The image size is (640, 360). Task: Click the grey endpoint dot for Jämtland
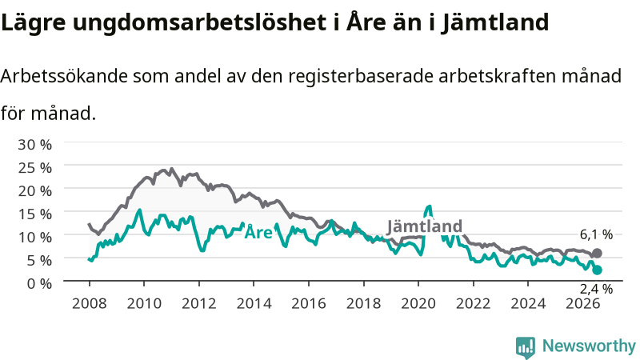pyautogui.click(x=597, y=253)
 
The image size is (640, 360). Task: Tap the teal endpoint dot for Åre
pyautogui.click(x=597, y=270)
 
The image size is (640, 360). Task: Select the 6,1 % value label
pyautogui.click(x=596, y=234)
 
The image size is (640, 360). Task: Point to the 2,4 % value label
pyautogui.click(x=596, y=289)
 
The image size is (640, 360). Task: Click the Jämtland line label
pyautogui.click(x=425, y=226)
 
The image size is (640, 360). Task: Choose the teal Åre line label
pyautogui.click(x=258, y=232)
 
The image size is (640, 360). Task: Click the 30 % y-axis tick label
pyautogui.click(x=34, y=145)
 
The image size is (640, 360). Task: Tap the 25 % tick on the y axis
pyautogui.click(x=34, y=168)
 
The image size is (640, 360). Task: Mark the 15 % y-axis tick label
pyautogui.click(x=34, y=214)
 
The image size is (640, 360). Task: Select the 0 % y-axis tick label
pyautogui.click(x=39, y=283)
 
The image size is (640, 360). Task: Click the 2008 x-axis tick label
pyautogui.click(x=90, y=303)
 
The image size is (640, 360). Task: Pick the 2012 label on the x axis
pyautogui.click(x=198, y=303)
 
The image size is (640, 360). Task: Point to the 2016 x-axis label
pyautogui.click(x=309, y=303)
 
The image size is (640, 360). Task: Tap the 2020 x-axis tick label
pyautogui.click(x=418, y=303)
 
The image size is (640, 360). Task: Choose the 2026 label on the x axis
pyautogui.click(x=583, y=303)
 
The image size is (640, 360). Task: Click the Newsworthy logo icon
pyautogui.click(x=526, y=347)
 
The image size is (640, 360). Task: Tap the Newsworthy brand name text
pyautogui.click(x=589, y=346)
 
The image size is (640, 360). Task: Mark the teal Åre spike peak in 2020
pyautogui.click(x=429, y=206)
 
